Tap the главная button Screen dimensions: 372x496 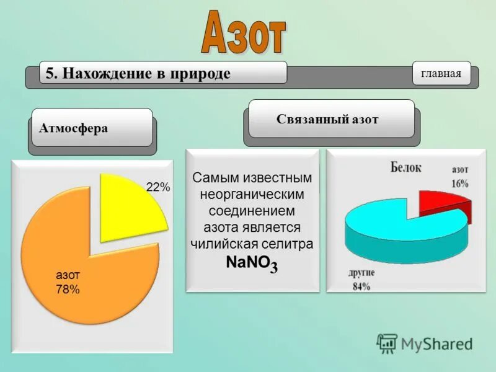click(x=441, y=74)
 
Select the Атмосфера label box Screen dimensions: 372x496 click(x=92, y=128)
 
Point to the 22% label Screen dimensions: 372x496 click(x=157, y=187)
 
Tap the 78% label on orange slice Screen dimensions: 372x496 click(x=68, y=288)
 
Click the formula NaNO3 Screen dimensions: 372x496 click(x=252, y=263)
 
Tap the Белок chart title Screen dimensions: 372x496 click(x=406, y=166)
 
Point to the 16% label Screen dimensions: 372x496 click(x=459, y=183)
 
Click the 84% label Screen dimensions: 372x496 click(x=361, y=286)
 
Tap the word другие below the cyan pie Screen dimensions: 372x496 click(x=361, y=273)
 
